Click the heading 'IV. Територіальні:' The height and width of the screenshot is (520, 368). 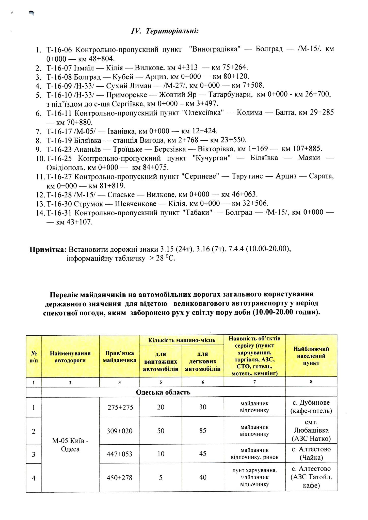pyautogui.click(x=165, y=31)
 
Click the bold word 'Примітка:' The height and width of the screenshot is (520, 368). pyautogui.click(x=48, y=249)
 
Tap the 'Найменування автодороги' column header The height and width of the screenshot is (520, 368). pyautogui.click(x=70, y=357)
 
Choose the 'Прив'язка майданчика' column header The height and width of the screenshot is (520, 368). pyautogui.click(x=119, y=357)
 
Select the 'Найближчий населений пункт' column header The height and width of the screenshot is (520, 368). pyautogui.click(x=311, y=356)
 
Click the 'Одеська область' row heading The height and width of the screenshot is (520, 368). pyautogui.click(x=163, y=392)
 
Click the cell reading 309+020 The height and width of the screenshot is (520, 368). pyautogui.click(x=120, y=431)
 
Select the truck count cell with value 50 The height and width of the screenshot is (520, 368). pyautogui.click(x=161, y=431)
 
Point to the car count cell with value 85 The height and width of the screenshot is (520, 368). pyautogui.click(x=203, y=431)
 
